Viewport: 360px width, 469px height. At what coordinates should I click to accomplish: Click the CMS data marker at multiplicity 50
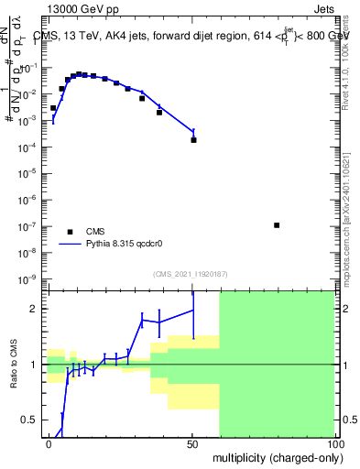pyautogui.click(x=193, y=140)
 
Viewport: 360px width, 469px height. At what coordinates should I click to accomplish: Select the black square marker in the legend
pyautogui.click(x=70, y=232)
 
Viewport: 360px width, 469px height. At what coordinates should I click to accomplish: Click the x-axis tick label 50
pyautogui.click(x=191, y=443)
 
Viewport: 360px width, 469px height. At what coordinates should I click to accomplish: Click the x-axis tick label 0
pyautogui.click(x=49, y=443)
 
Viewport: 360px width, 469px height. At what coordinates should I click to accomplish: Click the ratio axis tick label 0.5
pyautogui.click(x=30, y=420)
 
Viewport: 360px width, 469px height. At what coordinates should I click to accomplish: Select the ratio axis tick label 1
pyautogui.click(x=35, y=365)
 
